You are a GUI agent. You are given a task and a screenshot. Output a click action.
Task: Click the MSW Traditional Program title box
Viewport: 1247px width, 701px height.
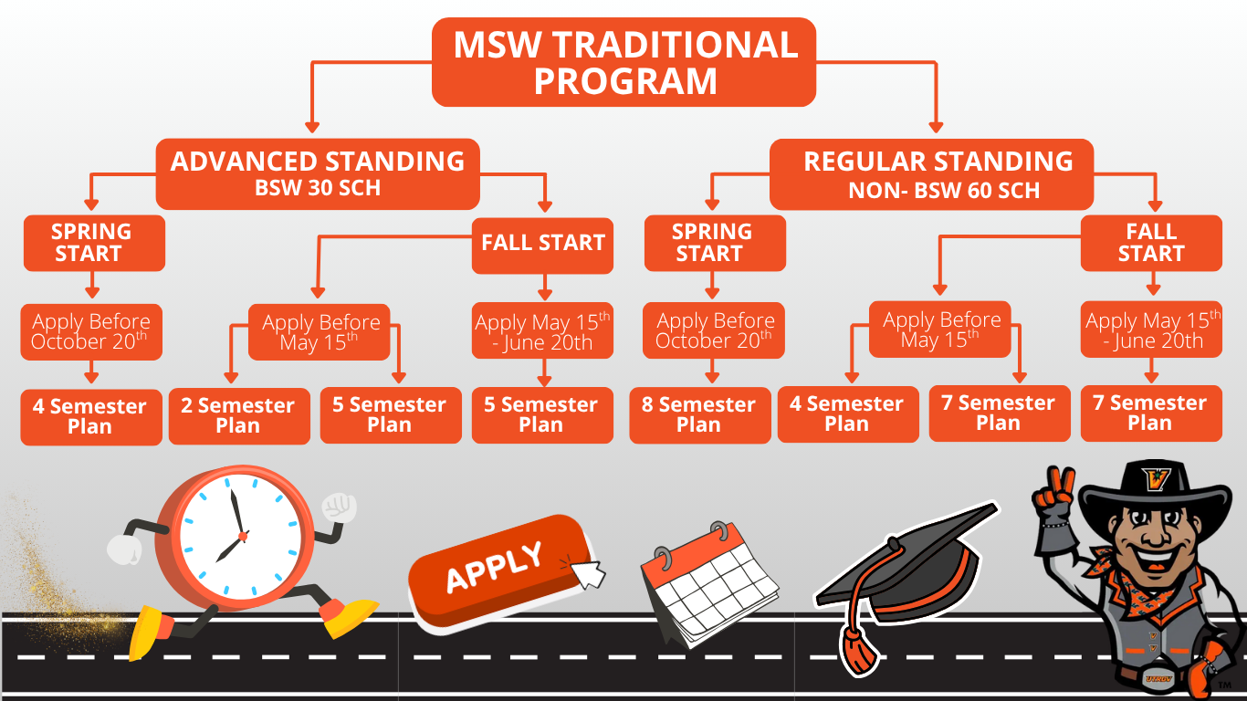pos(623,62)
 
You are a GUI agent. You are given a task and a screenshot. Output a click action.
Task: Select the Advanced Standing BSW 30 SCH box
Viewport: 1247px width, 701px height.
pos(318,173)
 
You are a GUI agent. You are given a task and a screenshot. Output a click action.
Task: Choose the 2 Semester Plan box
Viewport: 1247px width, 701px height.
pos(238,416)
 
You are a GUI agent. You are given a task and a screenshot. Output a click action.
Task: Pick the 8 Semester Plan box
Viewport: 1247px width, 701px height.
pos(699,415)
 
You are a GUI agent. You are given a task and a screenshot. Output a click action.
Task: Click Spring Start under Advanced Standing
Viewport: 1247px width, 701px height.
pos(93,243)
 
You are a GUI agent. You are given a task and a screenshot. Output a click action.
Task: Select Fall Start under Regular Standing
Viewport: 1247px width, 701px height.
pos(1150,243)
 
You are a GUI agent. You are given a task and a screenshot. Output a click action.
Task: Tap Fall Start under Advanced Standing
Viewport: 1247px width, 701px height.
pos(542,243)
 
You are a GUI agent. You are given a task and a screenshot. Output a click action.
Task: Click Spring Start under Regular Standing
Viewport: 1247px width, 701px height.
pos(714,243)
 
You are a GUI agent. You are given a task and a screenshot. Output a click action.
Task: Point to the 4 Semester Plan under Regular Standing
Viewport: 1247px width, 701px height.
pos(847,414)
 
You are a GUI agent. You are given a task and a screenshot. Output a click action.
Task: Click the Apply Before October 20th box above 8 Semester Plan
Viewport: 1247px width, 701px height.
pos(714,330)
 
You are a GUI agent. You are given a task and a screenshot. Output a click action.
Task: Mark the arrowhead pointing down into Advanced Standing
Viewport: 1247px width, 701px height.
pos(312,127)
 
